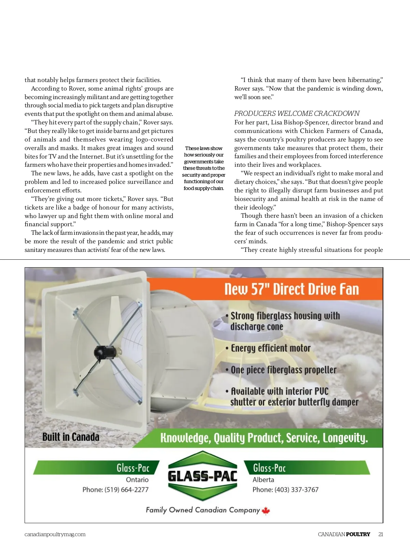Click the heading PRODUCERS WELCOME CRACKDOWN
click(297, 113)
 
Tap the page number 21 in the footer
click(381, 534)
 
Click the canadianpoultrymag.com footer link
click(55, 534)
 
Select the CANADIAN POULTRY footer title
click(344, 534)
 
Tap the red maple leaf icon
click(266, 511)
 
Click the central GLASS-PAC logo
click(203, 476)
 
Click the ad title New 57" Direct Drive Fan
click(291, 289)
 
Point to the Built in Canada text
click(71, 437)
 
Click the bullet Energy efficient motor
click(270, 348)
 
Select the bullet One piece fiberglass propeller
click(283, 370)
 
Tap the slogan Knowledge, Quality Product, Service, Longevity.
click(264, 438)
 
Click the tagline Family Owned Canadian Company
click(203, 510)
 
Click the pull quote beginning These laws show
click(204, 168)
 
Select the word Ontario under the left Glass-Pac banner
click(137, 480)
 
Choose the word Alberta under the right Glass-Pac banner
click(263, 480)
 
